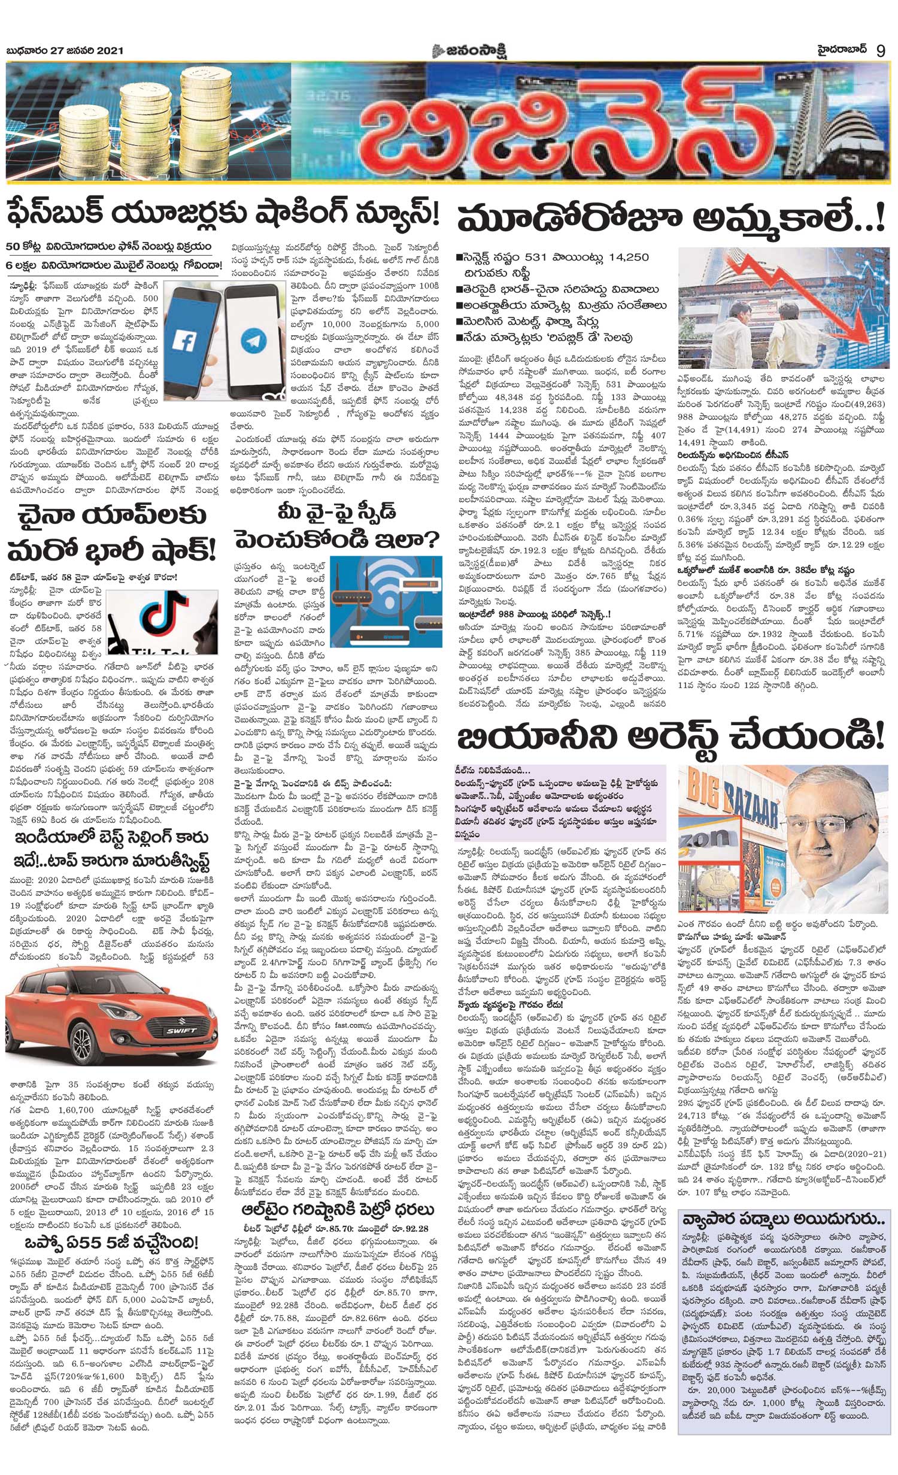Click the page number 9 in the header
(x=880, y=50)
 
